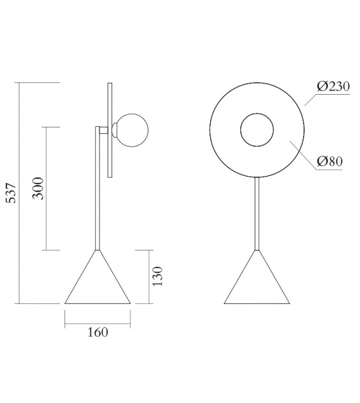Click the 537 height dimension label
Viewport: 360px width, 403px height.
[x=10, y=193]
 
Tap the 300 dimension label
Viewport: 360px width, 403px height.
[x=39, y=188]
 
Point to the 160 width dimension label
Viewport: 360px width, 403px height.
[x=98, y=331]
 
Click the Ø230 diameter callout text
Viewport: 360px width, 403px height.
[x=333, y=87]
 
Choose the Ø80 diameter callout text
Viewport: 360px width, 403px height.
[x=329, y=161]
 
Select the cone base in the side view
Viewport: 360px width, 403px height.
[x=97, y=282]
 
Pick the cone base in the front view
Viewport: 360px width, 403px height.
[x=257, y=282]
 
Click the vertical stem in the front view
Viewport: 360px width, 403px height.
[x=257, y=213]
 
